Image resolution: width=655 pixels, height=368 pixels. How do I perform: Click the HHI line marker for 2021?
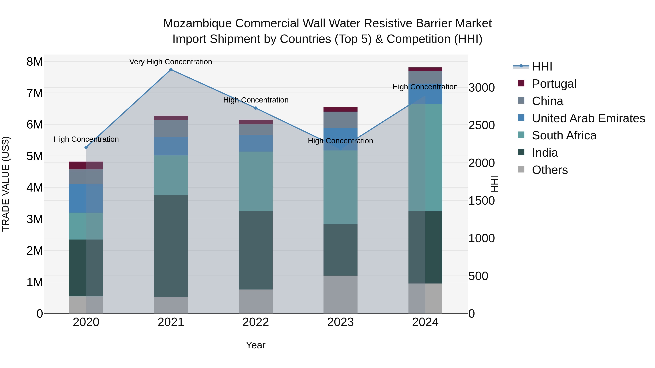[171, 70]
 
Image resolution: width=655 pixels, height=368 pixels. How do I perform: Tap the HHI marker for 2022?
[256, 108]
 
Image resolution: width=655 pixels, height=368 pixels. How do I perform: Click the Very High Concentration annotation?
[171, 62]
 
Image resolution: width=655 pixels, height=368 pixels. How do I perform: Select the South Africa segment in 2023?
[340, 187]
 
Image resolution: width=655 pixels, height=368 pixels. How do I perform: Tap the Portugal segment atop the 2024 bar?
[425, 69]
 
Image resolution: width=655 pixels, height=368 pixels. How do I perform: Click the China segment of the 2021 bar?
[171, 128]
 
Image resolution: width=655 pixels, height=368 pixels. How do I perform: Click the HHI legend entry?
[542, 67]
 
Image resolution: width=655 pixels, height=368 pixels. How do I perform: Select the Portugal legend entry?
[554, 84]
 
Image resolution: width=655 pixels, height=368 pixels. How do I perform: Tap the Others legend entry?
[549, 170]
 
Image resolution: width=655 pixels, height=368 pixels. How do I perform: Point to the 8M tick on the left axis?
[35, 62]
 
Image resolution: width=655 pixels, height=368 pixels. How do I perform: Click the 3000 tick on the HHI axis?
[481, 88]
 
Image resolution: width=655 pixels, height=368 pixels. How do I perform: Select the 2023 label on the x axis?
[340, 322]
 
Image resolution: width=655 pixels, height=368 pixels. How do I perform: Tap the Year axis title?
[256, 345]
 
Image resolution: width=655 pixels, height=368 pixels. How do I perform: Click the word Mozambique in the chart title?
[197, 23]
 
